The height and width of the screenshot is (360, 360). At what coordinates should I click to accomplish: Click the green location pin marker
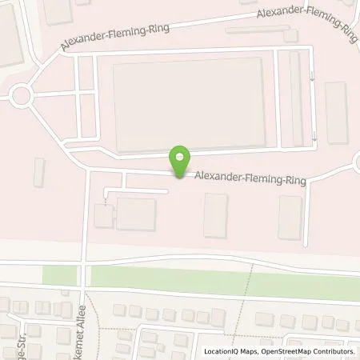pyautogui.click(x=182, y=161)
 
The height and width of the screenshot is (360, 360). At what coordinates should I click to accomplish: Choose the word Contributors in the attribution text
pyautogui.click(x=331, y=351)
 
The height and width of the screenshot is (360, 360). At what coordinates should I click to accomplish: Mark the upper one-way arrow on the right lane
pyautogui.click(x=313, y=77)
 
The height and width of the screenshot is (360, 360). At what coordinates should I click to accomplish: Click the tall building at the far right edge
pyautogui.click(x=336, y=112)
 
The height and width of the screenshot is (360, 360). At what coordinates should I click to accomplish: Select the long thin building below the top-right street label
pyautogui.click(x=256, y=30)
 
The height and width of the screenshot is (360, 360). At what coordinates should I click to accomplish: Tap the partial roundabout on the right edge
pyautogui.click(x=356, y=163)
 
